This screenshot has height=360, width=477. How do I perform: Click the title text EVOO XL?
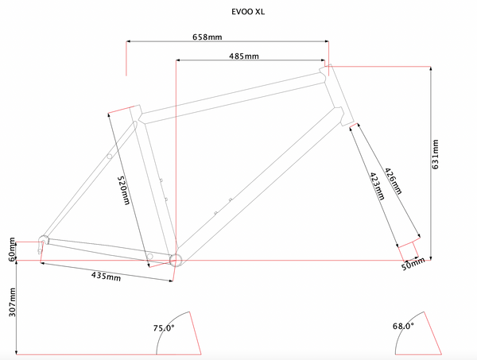click(x=248, y=12)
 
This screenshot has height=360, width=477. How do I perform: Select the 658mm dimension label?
click(x=207, y=37)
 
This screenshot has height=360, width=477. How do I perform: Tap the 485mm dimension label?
click(x=244, y=56)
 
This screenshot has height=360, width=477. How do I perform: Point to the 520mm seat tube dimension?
click(x=124, y=191)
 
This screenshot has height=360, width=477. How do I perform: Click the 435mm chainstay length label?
click(x=106, y=277)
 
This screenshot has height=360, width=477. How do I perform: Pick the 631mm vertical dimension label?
click(x=436, y=154)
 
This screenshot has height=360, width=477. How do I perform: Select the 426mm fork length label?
click(x=394, y=181)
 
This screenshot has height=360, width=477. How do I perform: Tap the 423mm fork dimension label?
click(x=377, y=186)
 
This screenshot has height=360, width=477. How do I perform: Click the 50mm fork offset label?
click(x=413, y=264)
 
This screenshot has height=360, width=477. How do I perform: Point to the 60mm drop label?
click(x=12, y=250)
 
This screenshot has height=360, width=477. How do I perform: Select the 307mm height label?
click(x=12, y=302)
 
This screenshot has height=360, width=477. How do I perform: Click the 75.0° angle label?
click(x=164, y=328)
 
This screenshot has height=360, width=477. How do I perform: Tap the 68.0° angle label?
click(x=403, y=327)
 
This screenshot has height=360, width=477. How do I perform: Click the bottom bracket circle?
click(x=176, y=261)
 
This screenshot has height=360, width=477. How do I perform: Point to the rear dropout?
click(x=43, y=242)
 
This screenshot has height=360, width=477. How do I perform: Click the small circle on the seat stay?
click(x=109, y=157)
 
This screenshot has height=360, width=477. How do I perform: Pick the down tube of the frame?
click(x=260, y=184)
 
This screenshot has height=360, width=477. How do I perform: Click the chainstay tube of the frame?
click(x=109, y=250)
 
